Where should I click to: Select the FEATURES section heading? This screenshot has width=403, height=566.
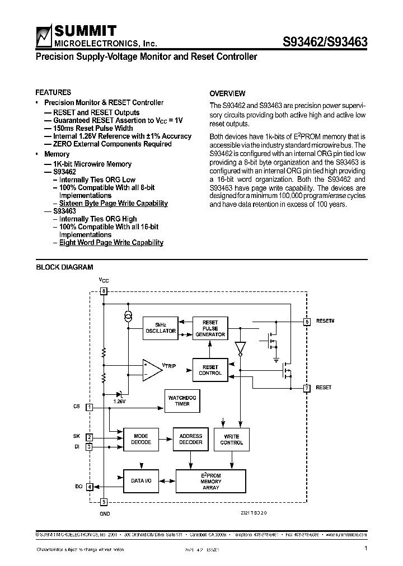53,92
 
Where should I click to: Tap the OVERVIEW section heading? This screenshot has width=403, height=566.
227,93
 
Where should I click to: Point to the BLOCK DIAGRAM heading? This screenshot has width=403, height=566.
65,267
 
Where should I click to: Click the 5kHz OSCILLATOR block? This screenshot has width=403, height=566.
161,328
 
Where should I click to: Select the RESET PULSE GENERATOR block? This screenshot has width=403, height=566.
210,329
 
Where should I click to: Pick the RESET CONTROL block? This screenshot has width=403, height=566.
210,370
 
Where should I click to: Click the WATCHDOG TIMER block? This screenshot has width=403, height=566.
182,400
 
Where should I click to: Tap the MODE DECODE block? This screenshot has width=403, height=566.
140,439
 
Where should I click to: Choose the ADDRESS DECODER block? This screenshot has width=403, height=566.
190,439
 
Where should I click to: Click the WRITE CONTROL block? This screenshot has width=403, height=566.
231,439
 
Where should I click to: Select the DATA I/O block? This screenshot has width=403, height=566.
140,480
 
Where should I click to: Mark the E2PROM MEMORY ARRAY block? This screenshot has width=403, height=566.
210,481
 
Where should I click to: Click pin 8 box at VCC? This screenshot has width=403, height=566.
103,291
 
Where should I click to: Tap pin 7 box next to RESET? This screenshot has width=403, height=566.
307,388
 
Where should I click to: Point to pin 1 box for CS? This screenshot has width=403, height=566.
89,407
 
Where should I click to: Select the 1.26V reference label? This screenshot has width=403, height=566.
119,401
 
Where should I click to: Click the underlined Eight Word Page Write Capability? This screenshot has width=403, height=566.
111,243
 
